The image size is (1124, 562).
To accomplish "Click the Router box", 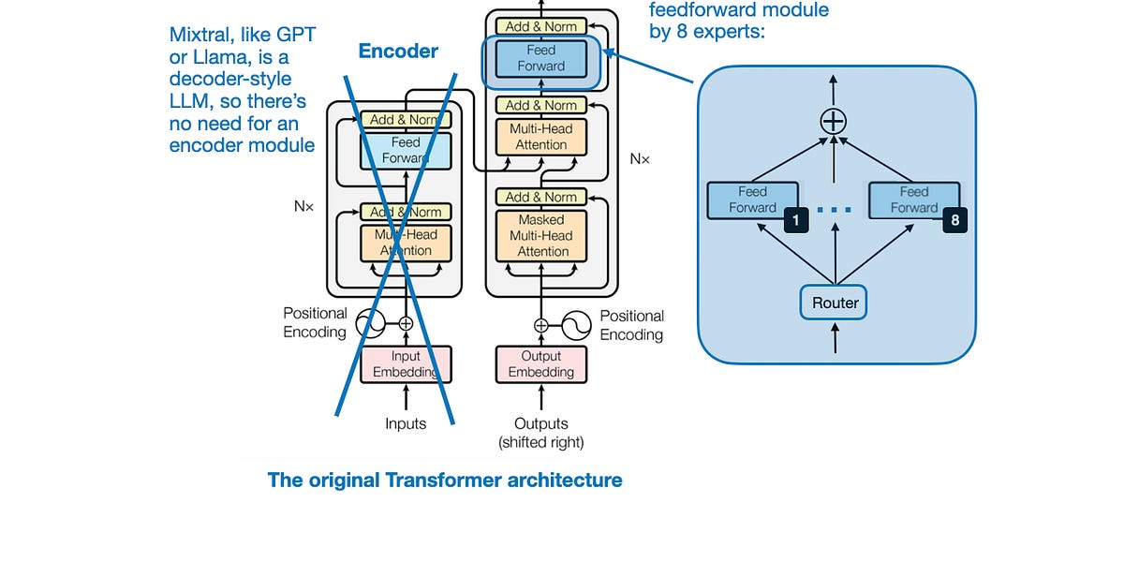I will coord(835,303).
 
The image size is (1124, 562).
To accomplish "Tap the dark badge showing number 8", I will coord(954,220).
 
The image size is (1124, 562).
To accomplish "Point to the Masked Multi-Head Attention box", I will coord(541,235).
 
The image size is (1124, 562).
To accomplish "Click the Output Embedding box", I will coord(540,364).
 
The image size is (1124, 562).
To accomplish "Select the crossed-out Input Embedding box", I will coord(406,364).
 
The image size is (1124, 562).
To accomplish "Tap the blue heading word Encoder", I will coord(398,52).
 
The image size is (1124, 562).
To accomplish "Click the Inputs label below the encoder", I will coord(406,423).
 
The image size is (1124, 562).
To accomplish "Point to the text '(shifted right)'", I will coord(540,442).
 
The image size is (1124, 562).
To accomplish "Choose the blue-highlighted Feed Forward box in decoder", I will coord(540,58).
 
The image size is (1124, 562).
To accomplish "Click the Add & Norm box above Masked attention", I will coord(540,197).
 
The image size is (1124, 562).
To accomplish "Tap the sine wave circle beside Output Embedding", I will coord(574,326).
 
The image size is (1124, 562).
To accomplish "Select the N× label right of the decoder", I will coord(639,159).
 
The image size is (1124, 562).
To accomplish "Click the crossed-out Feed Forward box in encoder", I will coord(406,150).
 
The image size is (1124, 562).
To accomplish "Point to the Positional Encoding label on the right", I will coord(631,325).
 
